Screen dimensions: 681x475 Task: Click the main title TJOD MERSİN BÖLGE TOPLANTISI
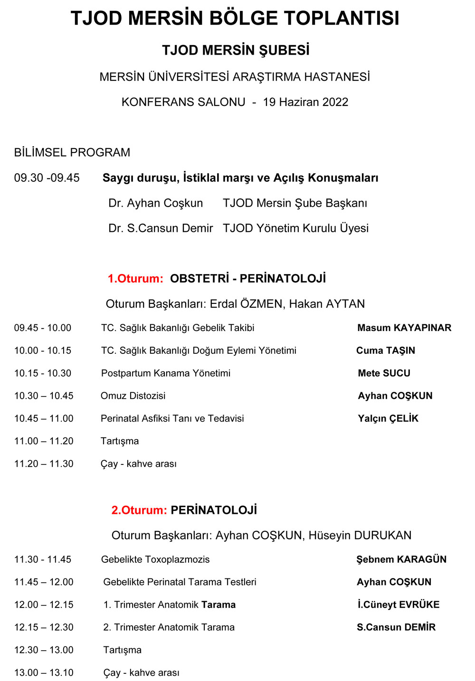pyautogui.click(x=235, y=19)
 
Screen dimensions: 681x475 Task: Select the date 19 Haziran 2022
pyautogui.click(x=305, y=102)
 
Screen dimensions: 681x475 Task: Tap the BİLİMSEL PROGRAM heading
pyautogui.click(x=72, y=152)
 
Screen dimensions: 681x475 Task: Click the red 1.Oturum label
pyautogui.click(x=135, y=279)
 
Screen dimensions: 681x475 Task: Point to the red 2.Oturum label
pyautogui.click(x=139, y=511)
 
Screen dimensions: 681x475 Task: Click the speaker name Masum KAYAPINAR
pyautogui.click(x=404, y=328)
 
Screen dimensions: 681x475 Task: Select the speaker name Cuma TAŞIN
pyautogui.click(x=386, y=350)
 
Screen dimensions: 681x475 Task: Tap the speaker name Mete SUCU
pyautogui.click(x=384, y=373)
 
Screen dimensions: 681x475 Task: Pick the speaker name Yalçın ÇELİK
pyautogui.click(x=388, y=418)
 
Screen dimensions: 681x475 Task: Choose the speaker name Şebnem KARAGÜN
pyautogui.click(x=401, y=559)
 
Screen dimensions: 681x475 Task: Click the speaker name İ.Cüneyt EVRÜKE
pyautogui.click(x=399, y=605)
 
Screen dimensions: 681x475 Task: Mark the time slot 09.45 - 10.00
pyautogui.click(x=43, y=328)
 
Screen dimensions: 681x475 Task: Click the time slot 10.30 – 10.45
pyautogui.click(x=44, y=396)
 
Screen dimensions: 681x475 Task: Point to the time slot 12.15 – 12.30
pyautogui.click(x=44, y=627)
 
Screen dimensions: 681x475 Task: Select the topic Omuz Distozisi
pyautogui.click(x=133, y=396)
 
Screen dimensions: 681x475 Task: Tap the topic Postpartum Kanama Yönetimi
pyautogui.click(x=166, y=373)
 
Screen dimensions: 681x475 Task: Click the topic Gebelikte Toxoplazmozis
pyautogui.click(x=155, y=559)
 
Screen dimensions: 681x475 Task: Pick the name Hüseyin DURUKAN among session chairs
pyautogui.click(x=360, y=536)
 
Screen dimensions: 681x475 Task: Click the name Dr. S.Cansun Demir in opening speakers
pyautogui.click(x=161, y=228)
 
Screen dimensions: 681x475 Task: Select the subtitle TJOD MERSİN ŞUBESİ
pyautogui.click(x=236, y=50)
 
